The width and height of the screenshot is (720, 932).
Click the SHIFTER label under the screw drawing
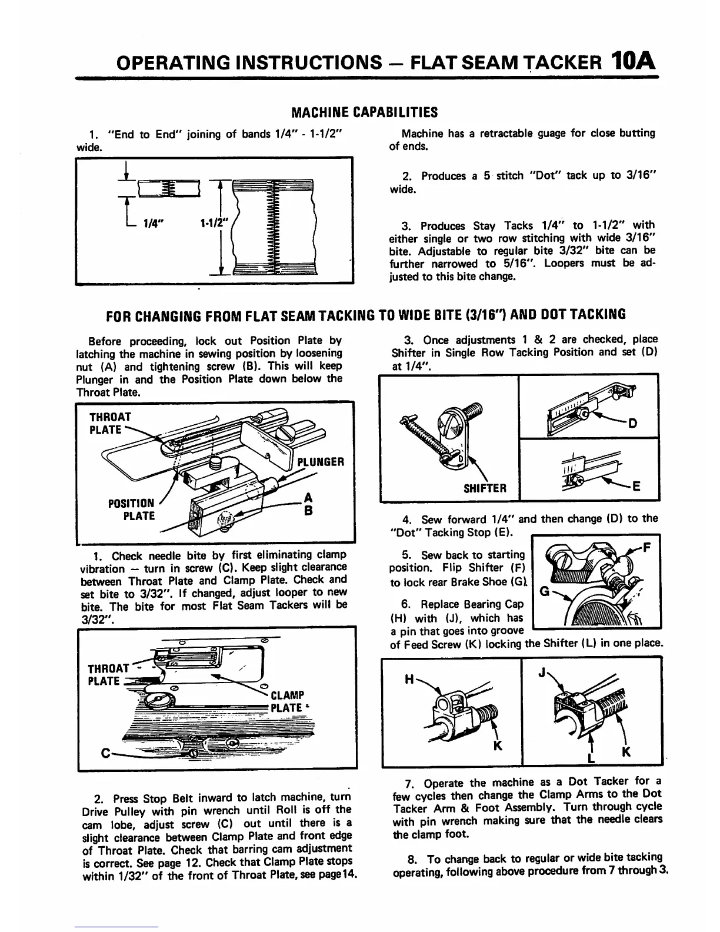pos(485,488)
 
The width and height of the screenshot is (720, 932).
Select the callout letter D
pos(633,423)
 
